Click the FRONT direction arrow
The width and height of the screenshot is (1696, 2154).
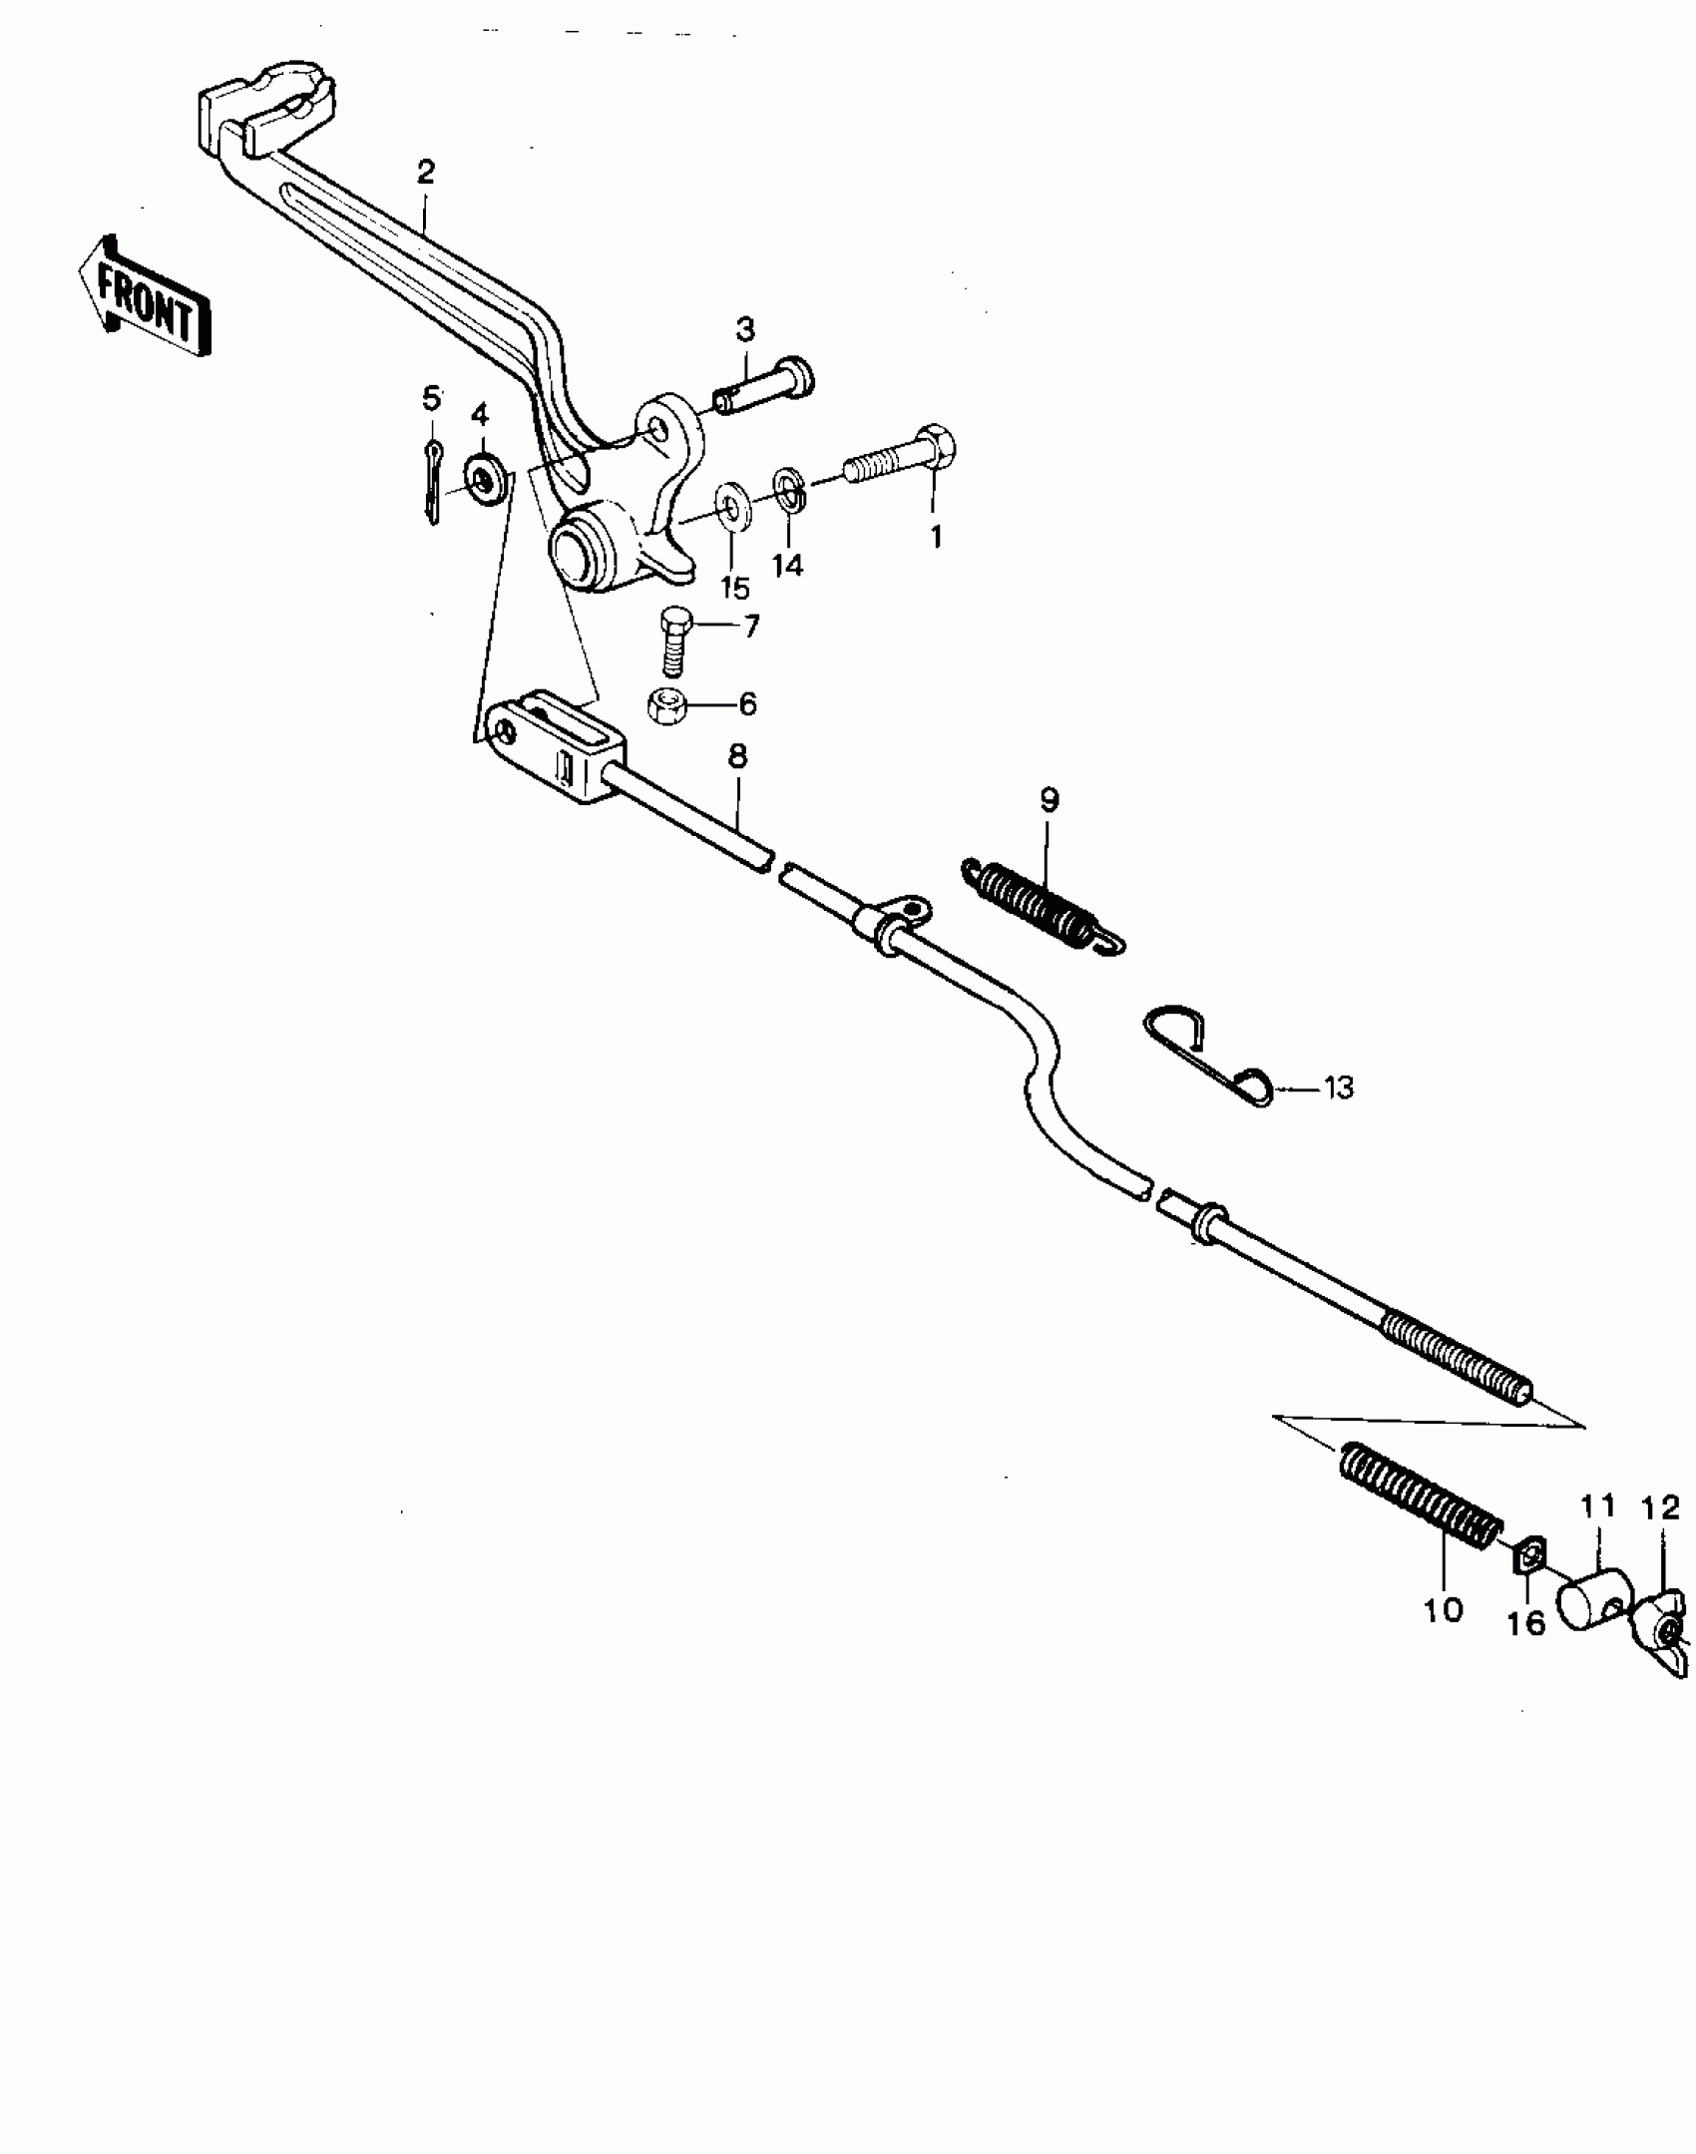pos(146,296)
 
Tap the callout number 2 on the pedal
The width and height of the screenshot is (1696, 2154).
pos(426,173)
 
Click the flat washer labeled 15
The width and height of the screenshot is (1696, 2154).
pos(733,505)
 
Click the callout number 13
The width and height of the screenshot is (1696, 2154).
pos(1338,1087)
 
